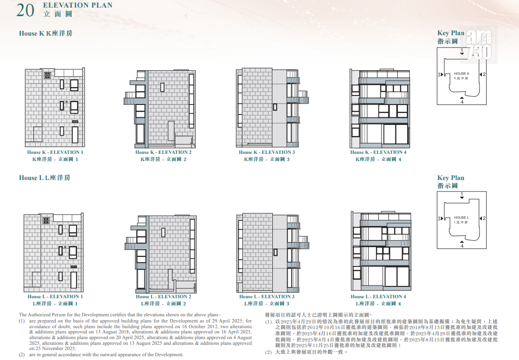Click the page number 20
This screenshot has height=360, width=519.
25,10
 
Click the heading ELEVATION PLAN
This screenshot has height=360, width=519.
78,5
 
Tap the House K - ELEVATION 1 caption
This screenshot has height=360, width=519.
55,152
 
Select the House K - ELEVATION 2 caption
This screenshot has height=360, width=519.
163,152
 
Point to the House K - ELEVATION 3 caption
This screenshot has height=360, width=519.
267,152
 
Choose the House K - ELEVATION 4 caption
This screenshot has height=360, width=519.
378,152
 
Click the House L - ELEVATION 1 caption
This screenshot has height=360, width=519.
55,296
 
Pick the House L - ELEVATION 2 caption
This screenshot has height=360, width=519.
163,296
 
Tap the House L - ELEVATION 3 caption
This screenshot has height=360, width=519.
267,296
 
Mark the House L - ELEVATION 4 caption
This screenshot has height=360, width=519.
378,296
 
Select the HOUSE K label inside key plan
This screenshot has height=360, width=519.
461,74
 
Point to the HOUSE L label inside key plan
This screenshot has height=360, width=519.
461,218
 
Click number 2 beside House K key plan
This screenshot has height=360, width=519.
484,75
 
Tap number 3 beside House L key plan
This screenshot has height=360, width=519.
439,218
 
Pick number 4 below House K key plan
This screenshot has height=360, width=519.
462,102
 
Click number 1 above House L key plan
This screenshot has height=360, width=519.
462,194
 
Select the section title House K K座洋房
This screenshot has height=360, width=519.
46,33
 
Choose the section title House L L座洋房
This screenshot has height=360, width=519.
45,178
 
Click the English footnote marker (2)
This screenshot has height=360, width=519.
22,355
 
